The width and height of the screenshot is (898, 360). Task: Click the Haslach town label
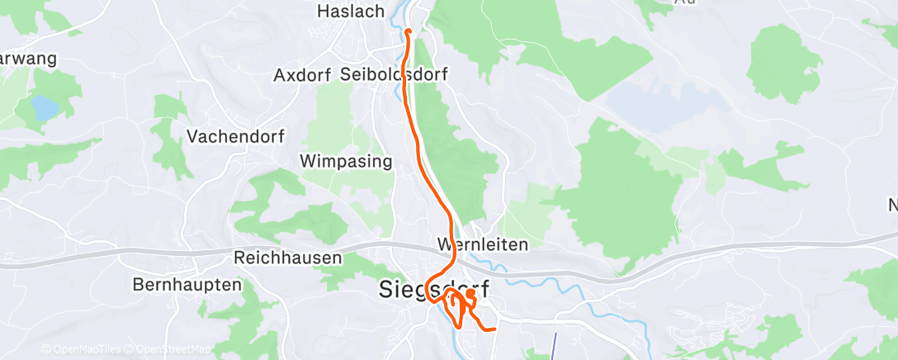point(352,12)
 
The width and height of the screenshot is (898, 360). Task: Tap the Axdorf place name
point(302,75)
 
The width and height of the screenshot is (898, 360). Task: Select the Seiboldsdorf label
point(394,75)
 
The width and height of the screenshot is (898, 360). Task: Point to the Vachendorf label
point(231,135)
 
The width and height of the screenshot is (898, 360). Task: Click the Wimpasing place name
point(346,161)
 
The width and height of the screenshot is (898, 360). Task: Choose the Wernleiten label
point(482,244)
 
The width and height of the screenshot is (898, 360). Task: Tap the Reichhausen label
point(288,258)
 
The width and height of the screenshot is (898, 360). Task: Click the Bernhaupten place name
point(187,285)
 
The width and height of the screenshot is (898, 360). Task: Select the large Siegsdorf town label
point(433,290)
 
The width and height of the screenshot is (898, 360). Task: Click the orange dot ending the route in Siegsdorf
point(470,293)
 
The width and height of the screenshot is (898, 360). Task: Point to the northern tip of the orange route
point(409,32)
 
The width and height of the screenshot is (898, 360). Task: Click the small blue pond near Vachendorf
point(43,107)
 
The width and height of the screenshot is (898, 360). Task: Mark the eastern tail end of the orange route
point(494,329)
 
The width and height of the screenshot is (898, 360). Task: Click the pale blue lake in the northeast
point(660,103)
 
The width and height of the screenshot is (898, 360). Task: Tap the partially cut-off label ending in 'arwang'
point(27,59)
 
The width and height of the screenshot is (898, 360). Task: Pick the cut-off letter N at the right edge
point(891,204)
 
